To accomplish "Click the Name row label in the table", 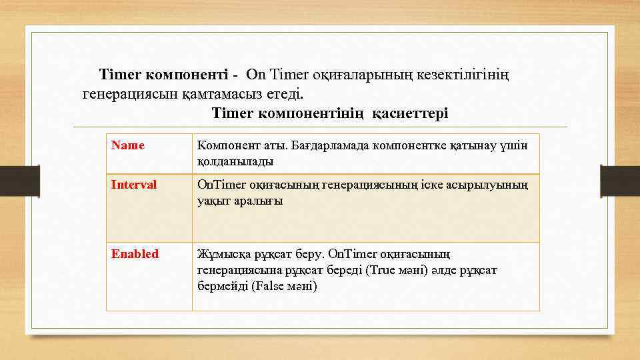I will (128, 145).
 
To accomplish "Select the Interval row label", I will (134, 185).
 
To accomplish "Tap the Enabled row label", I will (135, 253).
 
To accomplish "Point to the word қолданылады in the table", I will (235, 161).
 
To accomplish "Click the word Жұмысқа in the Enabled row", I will (222, 254).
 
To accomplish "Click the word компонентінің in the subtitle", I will (311, 113).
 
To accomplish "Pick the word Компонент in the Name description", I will (226, 145).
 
